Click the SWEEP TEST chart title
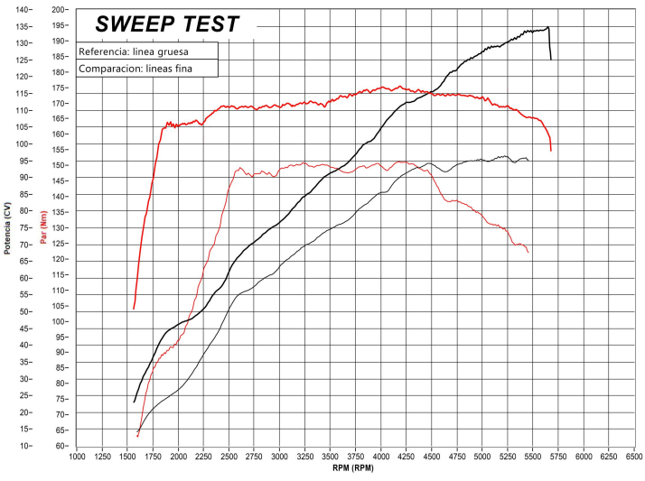click(167, 24)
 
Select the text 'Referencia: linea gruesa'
click(133, 51)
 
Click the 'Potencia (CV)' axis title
click(7, 227)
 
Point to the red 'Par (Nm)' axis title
click(43, 227)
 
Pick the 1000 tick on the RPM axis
click(77, 457)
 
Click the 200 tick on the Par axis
click(61, 9)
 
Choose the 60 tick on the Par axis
click(61, 446)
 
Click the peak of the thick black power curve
click(547, 27)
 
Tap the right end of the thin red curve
click(528, 252)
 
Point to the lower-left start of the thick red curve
click(134, 309)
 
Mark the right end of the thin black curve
click(528, 160)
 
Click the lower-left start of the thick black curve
click(134, 402)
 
